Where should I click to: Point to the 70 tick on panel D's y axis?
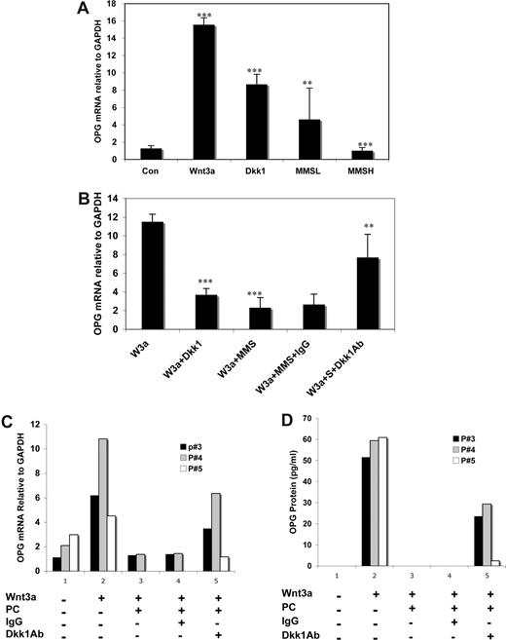[309, 418]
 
